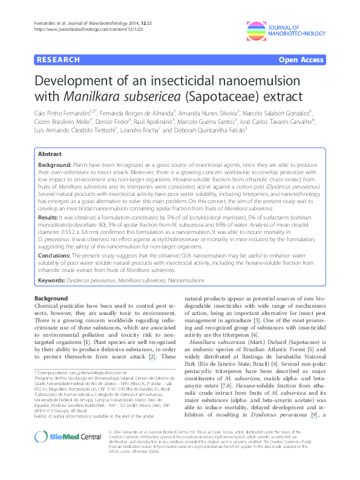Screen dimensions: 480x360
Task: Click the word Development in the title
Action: tap(79, 81)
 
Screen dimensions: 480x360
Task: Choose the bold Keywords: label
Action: tap(53, 280)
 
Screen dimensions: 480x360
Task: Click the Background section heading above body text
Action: tap(51, 299)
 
